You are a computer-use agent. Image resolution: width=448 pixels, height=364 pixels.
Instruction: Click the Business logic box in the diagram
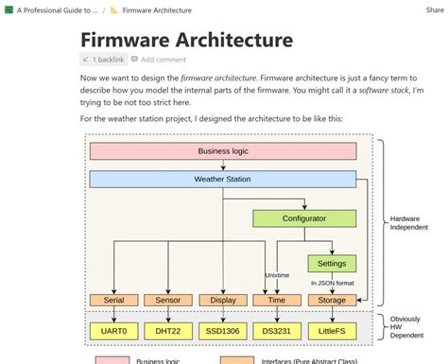223,151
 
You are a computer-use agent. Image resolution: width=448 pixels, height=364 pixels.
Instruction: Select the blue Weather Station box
223,179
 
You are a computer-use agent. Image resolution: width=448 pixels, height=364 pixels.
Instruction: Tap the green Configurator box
304,218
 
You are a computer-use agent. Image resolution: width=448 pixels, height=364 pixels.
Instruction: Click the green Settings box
332,263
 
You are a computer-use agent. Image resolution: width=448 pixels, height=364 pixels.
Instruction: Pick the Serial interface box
114,300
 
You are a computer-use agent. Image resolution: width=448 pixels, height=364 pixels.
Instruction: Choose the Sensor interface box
168,300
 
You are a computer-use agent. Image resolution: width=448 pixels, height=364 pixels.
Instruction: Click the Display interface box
223,300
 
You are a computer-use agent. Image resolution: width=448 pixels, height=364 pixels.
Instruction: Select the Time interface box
277,300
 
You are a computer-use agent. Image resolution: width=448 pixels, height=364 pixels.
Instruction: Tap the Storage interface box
332,300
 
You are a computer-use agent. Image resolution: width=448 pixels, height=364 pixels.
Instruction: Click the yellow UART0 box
114,331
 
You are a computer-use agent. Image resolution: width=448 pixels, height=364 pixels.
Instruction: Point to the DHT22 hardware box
168,331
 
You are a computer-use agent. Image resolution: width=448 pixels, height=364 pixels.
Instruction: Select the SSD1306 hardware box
223,331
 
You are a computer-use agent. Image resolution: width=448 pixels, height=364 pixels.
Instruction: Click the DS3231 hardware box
277,331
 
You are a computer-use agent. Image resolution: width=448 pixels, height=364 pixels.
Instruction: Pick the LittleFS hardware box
332,331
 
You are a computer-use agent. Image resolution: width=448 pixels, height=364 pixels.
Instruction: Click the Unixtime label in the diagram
277,275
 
